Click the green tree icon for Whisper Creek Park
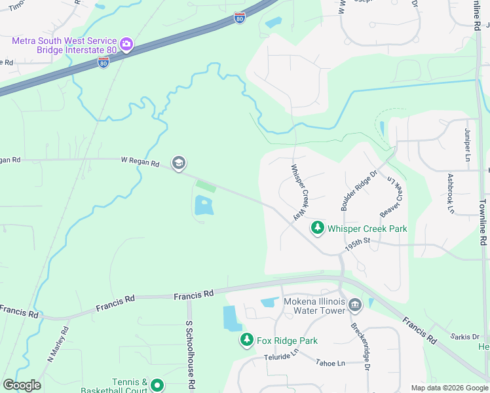coord(318,228)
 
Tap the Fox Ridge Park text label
coord(287,341)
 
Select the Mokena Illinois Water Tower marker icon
coord(355,305)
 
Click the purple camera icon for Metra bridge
coord(126,45)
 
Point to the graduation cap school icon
coord(178,162)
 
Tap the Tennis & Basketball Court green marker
coord(157,385)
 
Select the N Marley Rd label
coord(58,345)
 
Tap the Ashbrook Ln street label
coord(451,194)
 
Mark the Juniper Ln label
coord(468,145)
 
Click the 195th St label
coord(358,242)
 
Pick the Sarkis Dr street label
coord(466,337)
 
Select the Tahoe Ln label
coord(330,362)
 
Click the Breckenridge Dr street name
coord(359,347)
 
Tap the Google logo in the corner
coord(22,385)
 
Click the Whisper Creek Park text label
coord(367,229)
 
